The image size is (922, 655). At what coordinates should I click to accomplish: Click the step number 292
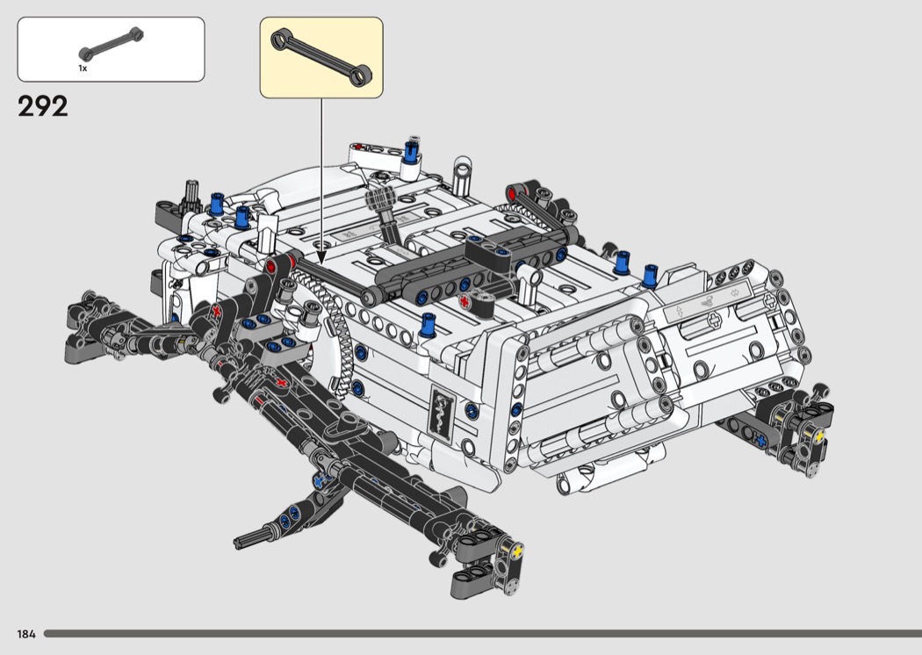(43, 106)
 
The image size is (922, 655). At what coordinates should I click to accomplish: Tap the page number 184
(26, 634)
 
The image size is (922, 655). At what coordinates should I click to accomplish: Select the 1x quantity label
(83, 68)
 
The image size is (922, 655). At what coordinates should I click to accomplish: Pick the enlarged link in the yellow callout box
(321, 58)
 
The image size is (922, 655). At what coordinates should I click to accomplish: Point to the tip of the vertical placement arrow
(321, 263)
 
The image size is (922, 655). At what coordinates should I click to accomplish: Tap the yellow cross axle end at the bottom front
(517, 552)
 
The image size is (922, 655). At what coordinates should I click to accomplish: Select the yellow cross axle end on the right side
(818, 435)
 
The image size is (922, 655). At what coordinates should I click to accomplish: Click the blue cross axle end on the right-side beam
(761, 440)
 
